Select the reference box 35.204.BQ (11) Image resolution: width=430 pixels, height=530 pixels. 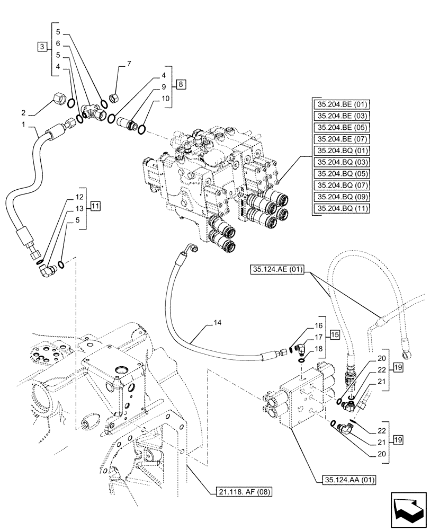(x=341, y=209)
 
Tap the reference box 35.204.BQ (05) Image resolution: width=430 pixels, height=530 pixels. (x=341, y=174)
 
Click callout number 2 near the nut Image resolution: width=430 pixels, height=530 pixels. (x=23, y=112)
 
